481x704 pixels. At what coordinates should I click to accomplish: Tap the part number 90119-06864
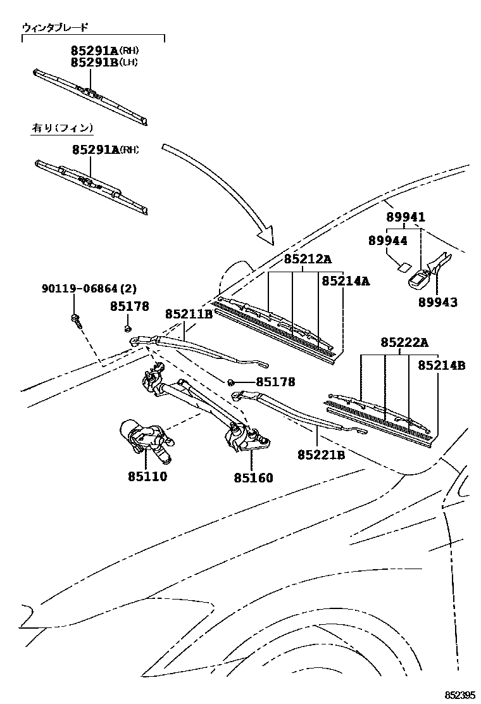[80, 289]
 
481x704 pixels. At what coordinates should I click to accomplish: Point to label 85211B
[189, 314]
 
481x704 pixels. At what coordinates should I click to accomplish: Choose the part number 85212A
[308, 259]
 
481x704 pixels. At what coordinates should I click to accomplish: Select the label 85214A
[345, 280]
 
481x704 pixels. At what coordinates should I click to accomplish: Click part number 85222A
[404, 343]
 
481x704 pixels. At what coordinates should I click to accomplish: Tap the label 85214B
[442, 365]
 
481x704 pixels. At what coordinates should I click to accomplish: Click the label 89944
[388, 241]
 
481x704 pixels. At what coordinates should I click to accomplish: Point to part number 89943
[437, 302]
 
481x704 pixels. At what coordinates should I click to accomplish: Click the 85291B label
[94, 62]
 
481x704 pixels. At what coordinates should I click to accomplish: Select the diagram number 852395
[458, 695]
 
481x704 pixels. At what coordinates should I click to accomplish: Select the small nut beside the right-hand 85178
[232, 382]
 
